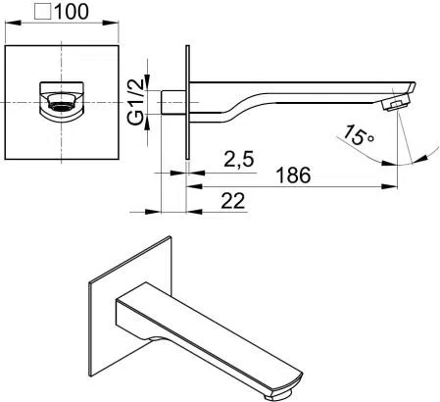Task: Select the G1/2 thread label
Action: coord(137,100)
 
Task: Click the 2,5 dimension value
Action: coord(239,158)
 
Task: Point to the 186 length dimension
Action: coord(292,176)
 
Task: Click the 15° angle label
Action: coord(358,134)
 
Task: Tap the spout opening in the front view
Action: coord(58,101)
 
